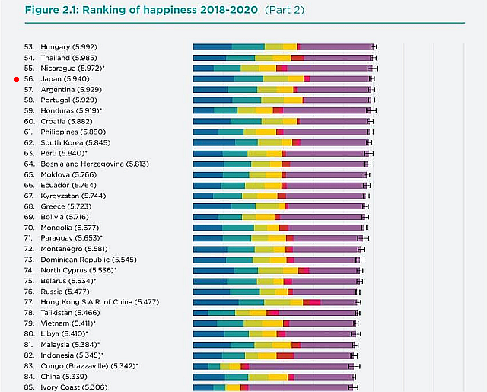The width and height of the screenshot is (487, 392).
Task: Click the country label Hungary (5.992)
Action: click(x=69, y=46)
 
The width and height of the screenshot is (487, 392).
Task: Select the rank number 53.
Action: click(x=29, y=46)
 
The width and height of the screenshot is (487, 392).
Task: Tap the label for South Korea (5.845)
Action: click(x=75, y=142)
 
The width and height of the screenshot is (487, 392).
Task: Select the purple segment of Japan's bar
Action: click(x=339, y=78)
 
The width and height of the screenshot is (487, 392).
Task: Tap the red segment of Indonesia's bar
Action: click(x=285, y=355)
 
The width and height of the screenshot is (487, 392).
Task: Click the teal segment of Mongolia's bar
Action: click(x=238, y=228)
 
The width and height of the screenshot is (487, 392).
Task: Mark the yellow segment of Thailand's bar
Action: click(x=282, y=57)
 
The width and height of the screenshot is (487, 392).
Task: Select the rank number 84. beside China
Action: click(x=29, y=376)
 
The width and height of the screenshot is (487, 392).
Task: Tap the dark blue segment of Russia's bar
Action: click(x=211, y=291)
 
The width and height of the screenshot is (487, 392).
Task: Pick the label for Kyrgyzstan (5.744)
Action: click(x=73, y=196)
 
